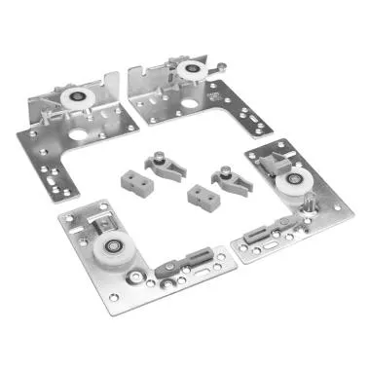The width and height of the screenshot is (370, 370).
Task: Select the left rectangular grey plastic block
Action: point(133,179)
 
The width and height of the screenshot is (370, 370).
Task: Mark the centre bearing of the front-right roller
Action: point(288,187)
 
